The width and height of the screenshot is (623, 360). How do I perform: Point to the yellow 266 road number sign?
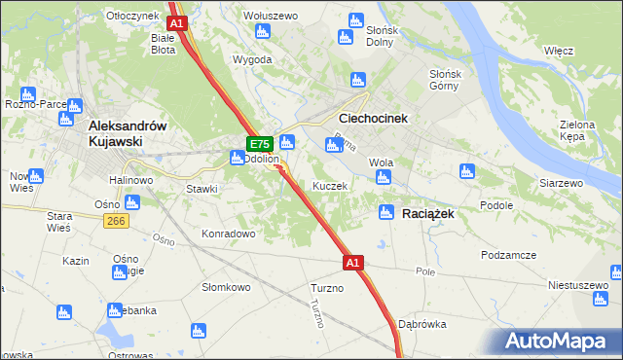pyautogui.click(x=118, y=222)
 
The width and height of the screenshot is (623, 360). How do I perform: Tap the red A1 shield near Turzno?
pyautogui.click(x=353, y=263)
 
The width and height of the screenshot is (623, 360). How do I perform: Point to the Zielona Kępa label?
pyautogui.click(x=584, y=131)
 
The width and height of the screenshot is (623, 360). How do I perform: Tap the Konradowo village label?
pyautogui.click(x=228, y=234)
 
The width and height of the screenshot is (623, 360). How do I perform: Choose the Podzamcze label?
pyautogui.click(x=508, y=254)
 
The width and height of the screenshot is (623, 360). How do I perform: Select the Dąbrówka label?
pyautogui.click(x=422, y=325)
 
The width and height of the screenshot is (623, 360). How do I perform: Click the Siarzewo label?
pyautogui.click(x=560, y=183)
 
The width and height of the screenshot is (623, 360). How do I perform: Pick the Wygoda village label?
pyautogui.click(x=252, y=59)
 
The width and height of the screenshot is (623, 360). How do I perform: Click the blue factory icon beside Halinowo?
pyautogui.click(x=131, y=203)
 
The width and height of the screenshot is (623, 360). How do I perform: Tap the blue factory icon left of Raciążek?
pyautogui.click(x=386, y=212)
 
